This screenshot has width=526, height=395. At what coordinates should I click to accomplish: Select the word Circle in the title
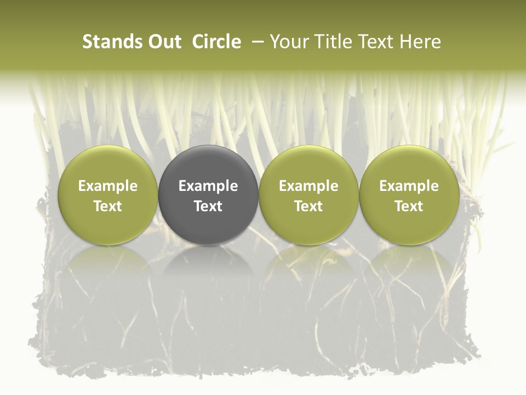[x=216, y=42]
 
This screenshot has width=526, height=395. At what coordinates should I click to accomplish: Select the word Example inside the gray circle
[x=208, y=186]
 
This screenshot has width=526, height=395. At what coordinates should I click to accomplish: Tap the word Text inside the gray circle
[x=208, y=206]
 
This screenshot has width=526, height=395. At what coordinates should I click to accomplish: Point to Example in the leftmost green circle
[x=107, y=186]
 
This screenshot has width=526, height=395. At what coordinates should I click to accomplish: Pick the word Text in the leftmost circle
[x=107, y=206]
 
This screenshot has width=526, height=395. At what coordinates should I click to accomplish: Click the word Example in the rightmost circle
[x=409, y=186]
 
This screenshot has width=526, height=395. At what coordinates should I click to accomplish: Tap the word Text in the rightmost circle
[x=409, y=206]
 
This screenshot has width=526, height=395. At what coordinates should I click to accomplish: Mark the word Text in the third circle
[x=308, y=206]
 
